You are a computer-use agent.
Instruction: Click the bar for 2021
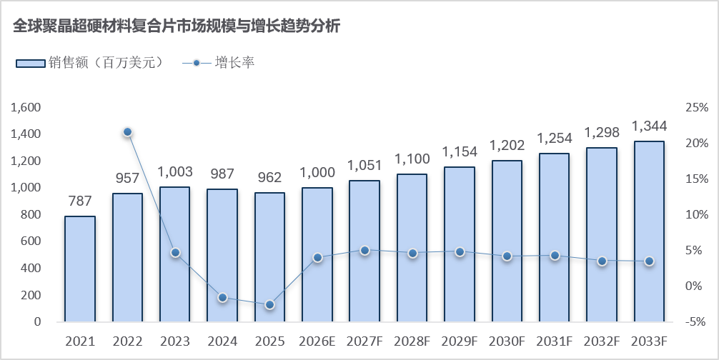click(x=80, y=269)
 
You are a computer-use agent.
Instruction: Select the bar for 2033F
click(x=649, y=231)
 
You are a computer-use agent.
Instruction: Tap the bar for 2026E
click(x=317, y=255)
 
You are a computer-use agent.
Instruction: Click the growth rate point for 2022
click(x=127, y=132)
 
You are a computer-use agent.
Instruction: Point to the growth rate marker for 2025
click(x=269, y=304)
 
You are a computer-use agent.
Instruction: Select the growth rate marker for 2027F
click(x=365, y=251)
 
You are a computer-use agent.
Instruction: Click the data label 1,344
click(x=649, y=126)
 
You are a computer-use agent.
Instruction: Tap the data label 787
click(x=80, y=201)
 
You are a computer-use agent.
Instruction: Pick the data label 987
click(x=222, y=174)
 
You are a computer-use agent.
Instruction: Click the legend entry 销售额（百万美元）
click(x=90, y=63)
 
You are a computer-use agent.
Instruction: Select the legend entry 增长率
click(x=218, y=63)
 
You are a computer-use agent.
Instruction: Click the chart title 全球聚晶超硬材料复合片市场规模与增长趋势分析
click(x=177, y=26)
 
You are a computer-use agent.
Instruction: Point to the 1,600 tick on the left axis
click(x=26, y=108)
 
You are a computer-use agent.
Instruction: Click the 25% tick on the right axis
click(x=697, y=108)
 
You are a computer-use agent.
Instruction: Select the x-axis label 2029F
click(x=460, y=341)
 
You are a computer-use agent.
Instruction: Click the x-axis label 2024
click(x=222, y=341)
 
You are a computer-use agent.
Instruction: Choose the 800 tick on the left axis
click(x=31, y=215)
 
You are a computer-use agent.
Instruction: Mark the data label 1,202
click(x=507, y=145)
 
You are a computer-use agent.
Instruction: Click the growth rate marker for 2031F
click(x=555, y=256)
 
